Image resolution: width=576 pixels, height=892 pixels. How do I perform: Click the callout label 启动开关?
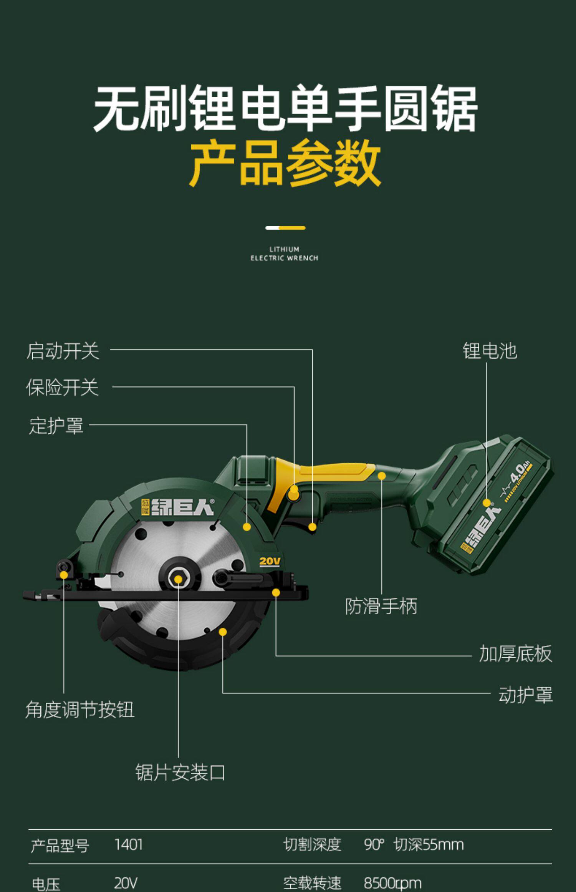click(x=63, y=351)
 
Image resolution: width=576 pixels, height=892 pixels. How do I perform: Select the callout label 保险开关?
click(x=62, y=387)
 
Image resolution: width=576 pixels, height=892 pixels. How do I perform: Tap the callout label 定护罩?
click(x=56, y=426)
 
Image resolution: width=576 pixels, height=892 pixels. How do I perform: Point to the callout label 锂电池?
click(x=490, y=351)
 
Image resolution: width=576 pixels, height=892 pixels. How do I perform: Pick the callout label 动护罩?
click(x=525, y=695)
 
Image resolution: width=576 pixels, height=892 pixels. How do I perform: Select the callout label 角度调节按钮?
click(x=80, y=709)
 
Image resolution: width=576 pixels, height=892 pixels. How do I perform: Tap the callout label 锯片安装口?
click(x=180, y=772)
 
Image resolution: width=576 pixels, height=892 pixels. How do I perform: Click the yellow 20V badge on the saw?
click(x=270, y=562)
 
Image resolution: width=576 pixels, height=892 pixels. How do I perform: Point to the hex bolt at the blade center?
click(x=178, y=579)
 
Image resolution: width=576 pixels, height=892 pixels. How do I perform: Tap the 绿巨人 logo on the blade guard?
click(x=177, y=508)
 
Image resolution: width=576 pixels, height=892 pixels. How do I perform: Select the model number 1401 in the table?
click(x=128, y=845)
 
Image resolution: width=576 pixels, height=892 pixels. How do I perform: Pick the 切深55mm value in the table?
click(x=429, y=845)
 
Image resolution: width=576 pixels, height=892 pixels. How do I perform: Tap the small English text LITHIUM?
click(x=284, y=249)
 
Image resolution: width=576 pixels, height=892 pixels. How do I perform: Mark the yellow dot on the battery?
click(x=487, y=503)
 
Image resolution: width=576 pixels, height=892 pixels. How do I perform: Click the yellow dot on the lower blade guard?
click(x=223, y=632)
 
